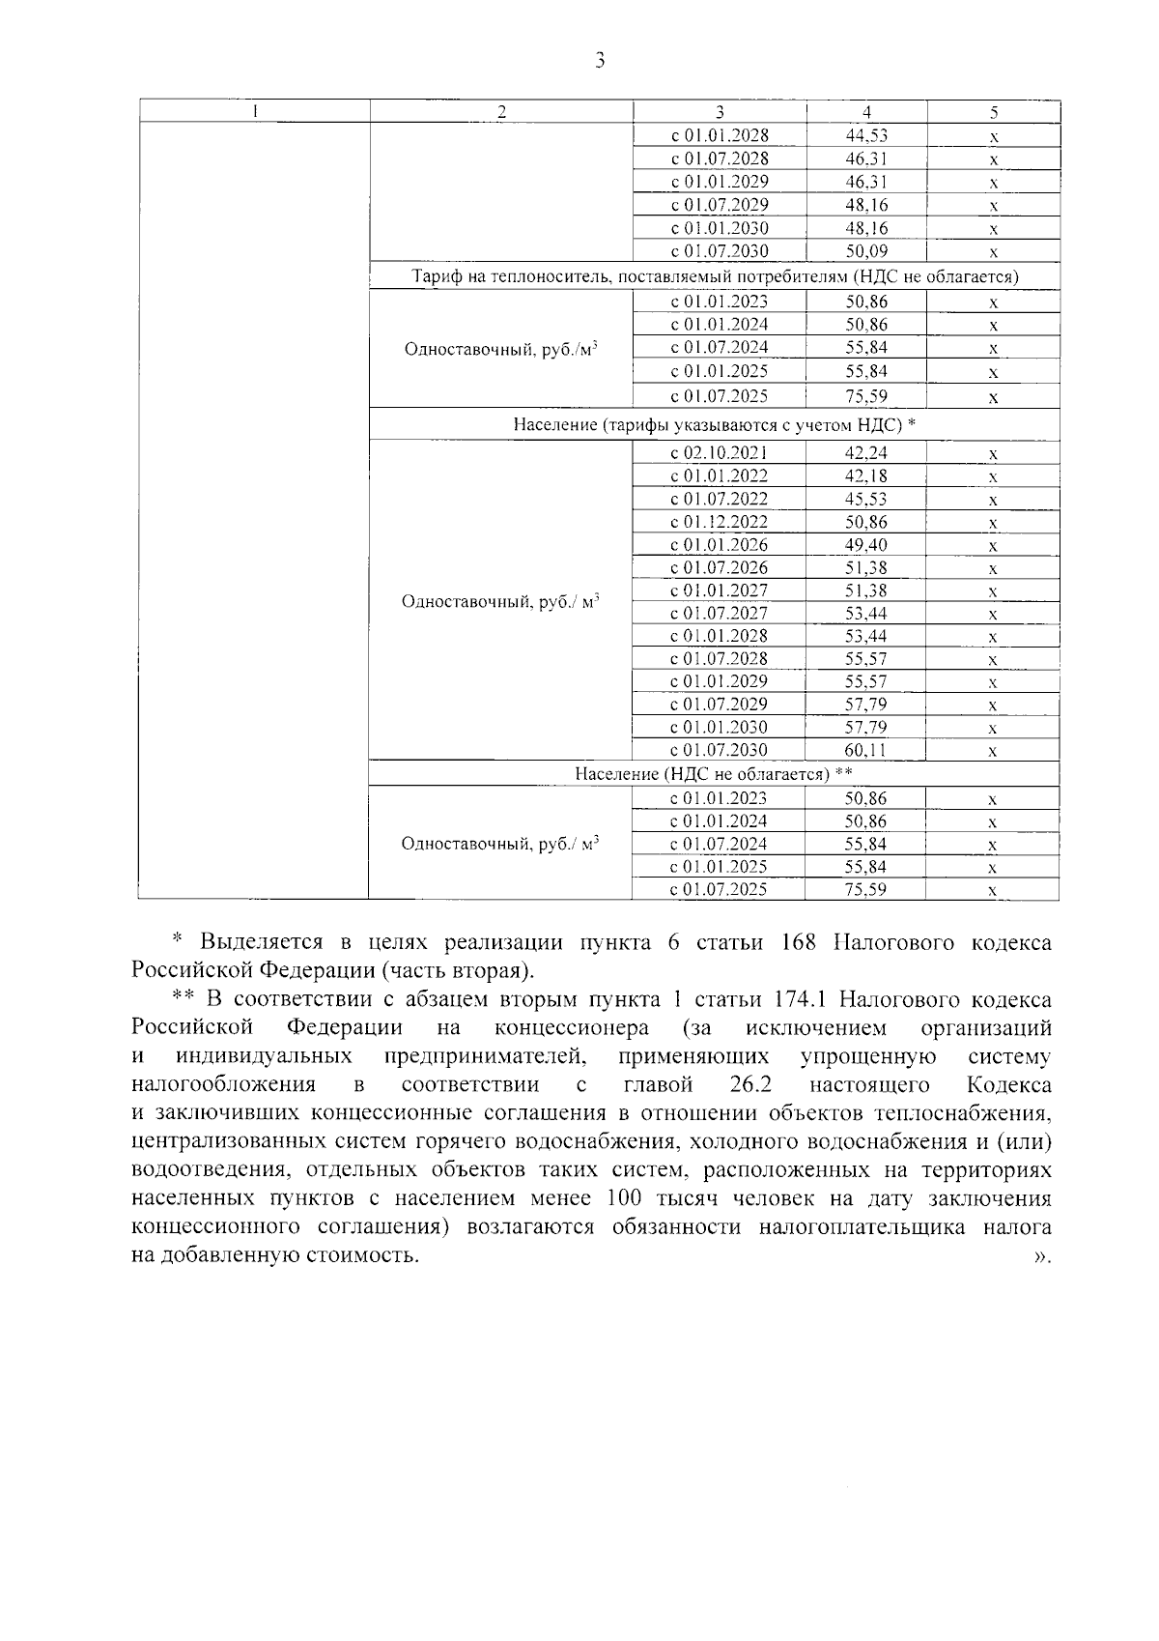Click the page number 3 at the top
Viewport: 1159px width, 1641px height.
[599, 62]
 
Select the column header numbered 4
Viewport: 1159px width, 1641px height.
[866, 112]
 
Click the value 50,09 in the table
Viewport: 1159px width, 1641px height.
[866, 251]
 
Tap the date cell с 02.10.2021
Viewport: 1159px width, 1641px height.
[720, 452]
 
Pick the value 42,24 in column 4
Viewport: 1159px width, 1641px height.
[866, 452]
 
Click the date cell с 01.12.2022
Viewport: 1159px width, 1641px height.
[720, 522]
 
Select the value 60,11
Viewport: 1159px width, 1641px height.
[866, 750]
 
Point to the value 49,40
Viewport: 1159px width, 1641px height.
[866, 545]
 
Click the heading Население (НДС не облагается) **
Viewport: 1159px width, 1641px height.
[714, 774]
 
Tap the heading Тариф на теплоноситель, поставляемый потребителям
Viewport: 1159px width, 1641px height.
[716, 277]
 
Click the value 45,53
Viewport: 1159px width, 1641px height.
[866, 499]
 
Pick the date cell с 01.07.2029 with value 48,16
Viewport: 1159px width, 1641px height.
[720, 205]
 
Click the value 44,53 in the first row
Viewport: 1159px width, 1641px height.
[866, 135]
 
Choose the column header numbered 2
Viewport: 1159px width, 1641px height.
[501, 112]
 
